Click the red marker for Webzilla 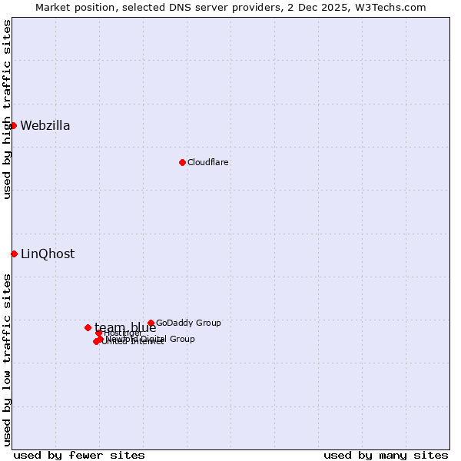[13, 125]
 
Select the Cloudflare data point [182, 162]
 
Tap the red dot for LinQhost [14, 254]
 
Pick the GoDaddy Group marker [151, 323]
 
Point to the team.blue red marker [88, 327]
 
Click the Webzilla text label [45, 126]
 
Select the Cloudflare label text [208, 162]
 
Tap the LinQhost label [48, 254]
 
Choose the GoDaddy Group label [188, 323]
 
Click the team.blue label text [125, 328]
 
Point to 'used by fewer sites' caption [79, 455]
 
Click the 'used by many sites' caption [386, 455]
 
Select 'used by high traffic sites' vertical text [7, 109]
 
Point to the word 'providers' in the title [258, 7]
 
